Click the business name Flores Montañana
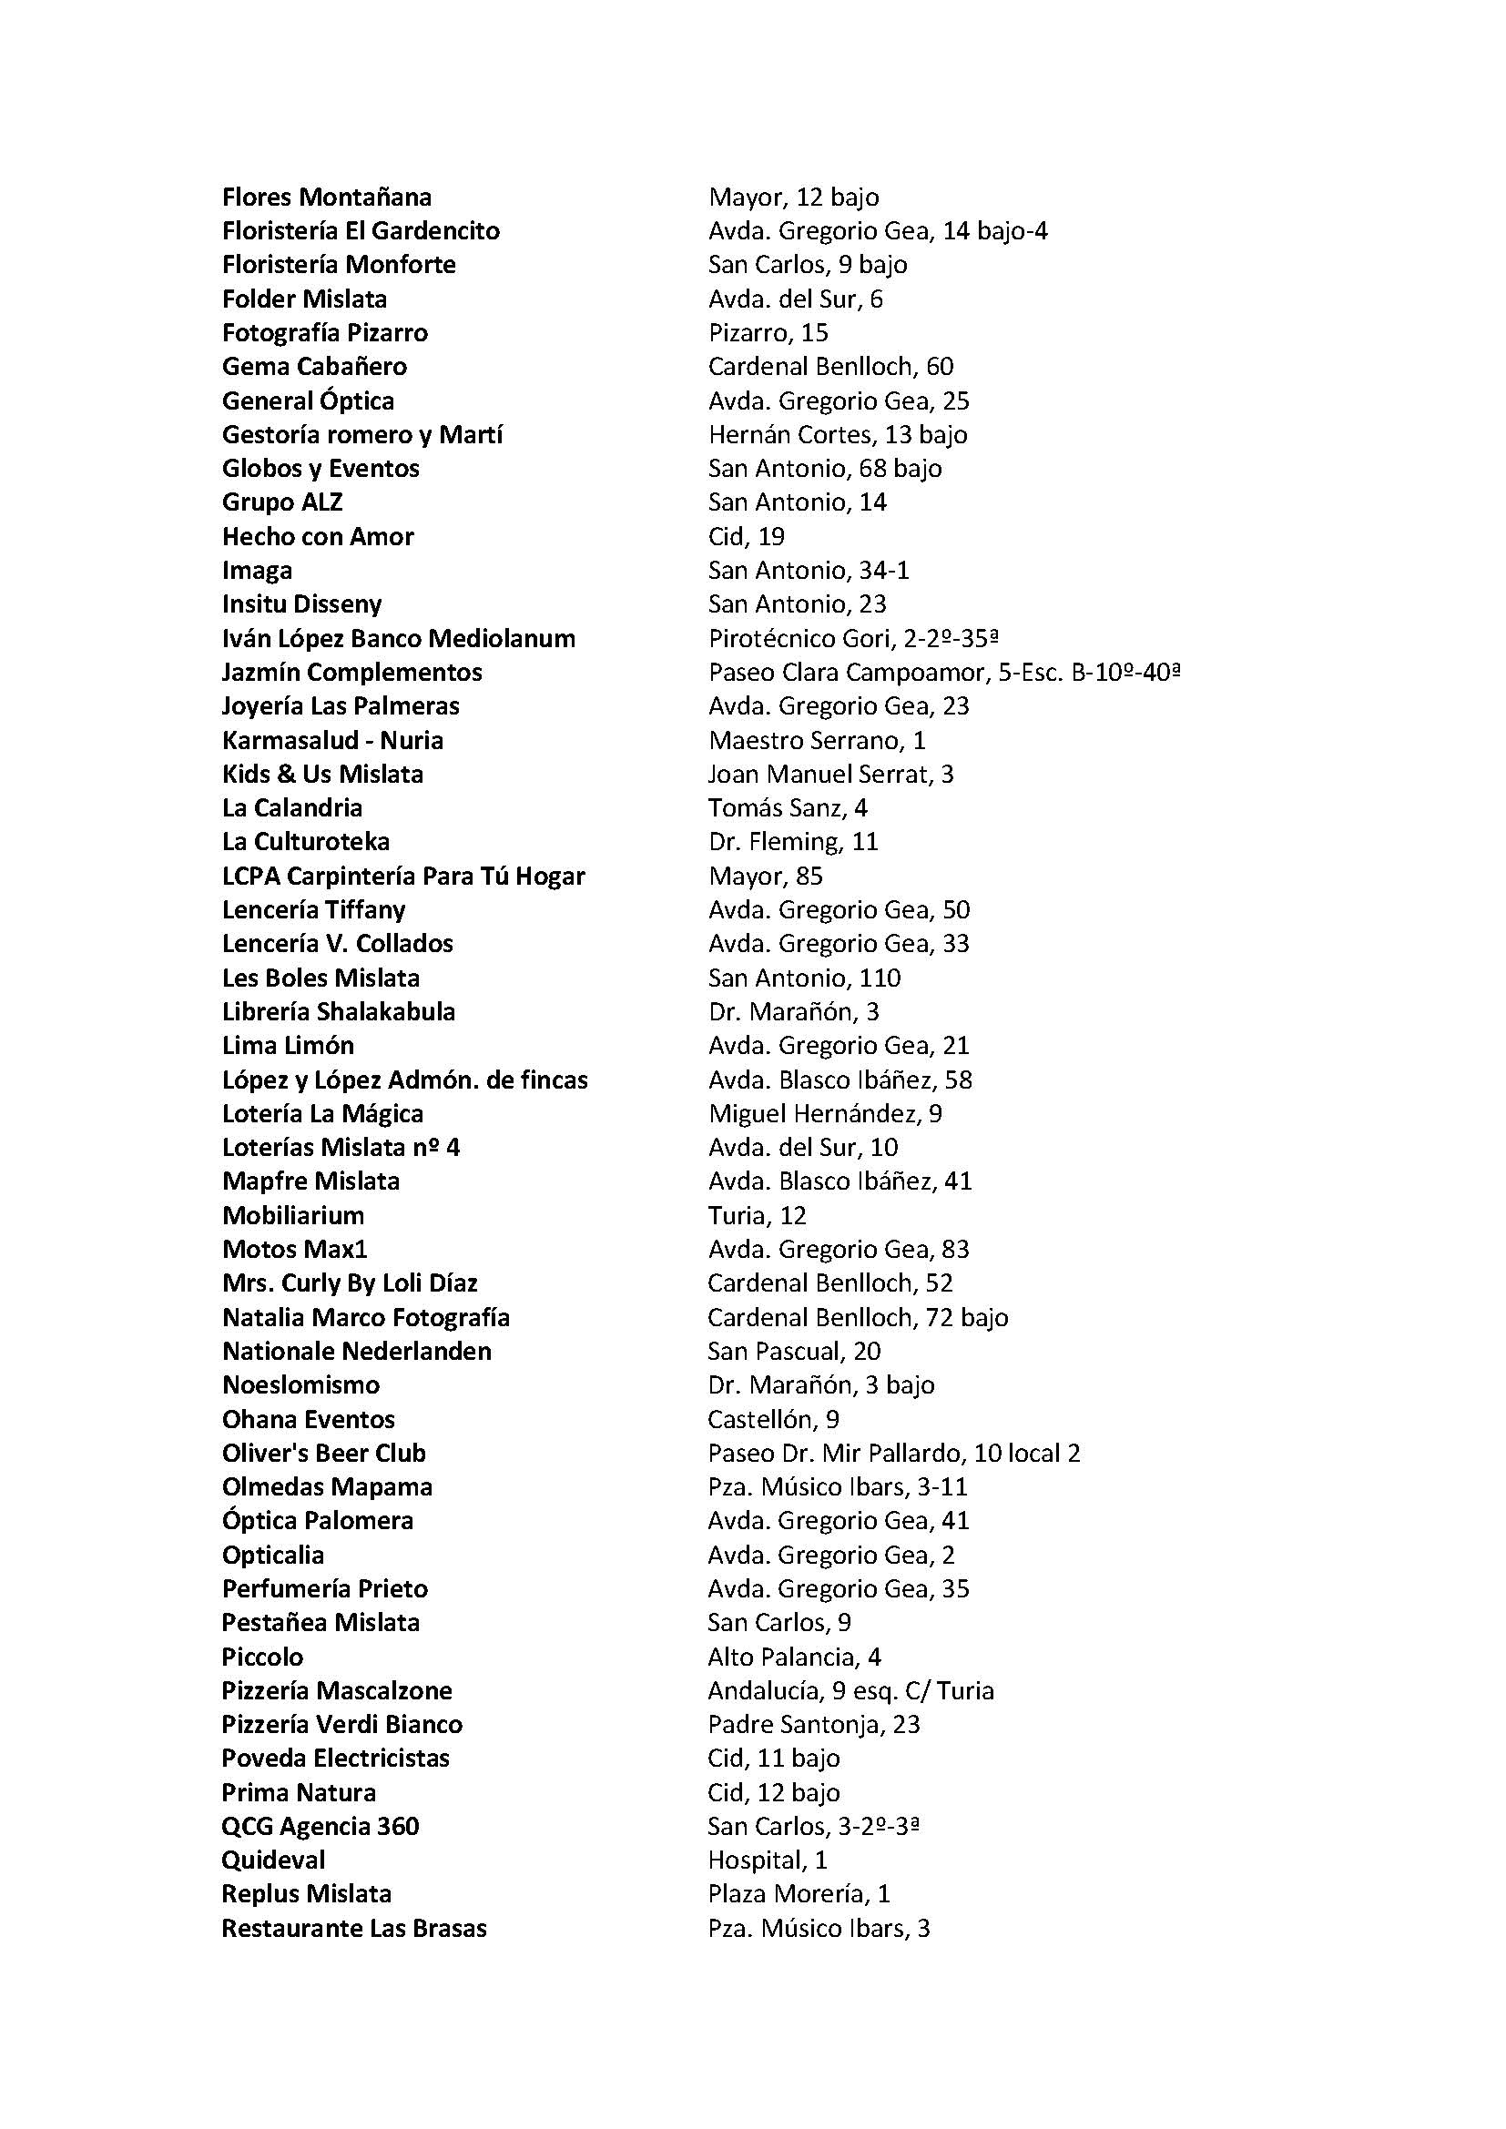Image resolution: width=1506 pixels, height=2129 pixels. tap(327, 198)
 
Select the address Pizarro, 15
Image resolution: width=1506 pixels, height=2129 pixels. tap(768, 333)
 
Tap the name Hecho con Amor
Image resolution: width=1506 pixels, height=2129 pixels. tap(317, 537)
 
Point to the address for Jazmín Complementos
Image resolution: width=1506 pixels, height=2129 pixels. tap(944, 673)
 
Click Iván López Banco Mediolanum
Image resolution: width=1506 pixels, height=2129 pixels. tap(398, 639)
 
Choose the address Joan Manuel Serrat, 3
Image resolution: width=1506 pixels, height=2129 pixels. tap(830, 775)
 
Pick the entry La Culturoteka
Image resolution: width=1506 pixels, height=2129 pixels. tap(305, 842)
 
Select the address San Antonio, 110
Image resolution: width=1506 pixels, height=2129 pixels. tap(804, 978)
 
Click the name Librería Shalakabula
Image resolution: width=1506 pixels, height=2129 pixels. tap(339, 1011)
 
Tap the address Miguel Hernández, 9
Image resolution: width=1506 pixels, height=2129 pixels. tap(824, 1113)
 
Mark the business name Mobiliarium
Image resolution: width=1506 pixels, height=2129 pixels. tap(293, 1216)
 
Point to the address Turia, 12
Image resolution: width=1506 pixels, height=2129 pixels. tap(757, 1216)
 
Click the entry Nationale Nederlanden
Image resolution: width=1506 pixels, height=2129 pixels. tap(356, 1352)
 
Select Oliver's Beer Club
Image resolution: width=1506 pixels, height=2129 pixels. tap(323, 1453)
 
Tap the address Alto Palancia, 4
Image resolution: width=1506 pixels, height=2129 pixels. tap(794, 1657)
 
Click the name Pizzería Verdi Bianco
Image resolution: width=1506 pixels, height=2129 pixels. tap(341, 1725)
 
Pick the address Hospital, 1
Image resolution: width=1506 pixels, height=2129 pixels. tap(767, 1860)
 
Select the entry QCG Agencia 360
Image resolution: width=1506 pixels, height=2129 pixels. tap(320, 1827)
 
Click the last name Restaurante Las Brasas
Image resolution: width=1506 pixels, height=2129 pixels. tap(354, 1929)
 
